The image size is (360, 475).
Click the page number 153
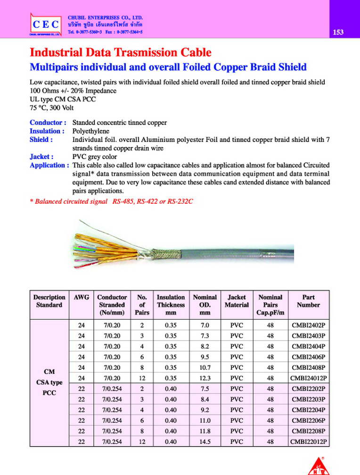pyautogui.click(x=338, y=33)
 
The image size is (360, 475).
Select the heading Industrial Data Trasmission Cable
pyautogui.click(x=120, y=52)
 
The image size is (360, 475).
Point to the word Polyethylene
pyautogui.click(x=91, y=131)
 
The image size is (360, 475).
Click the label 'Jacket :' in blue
pyautogui.click(x=41, y=157)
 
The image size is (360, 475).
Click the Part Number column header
pyautogui.click(x=308, y=301)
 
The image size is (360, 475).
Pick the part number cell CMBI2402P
pyautogui.click(x=308, y=325)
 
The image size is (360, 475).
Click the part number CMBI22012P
pyautogui.click(x=308, y=442)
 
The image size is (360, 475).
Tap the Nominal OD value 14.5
pyautogui.click(x=205, y=442)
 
